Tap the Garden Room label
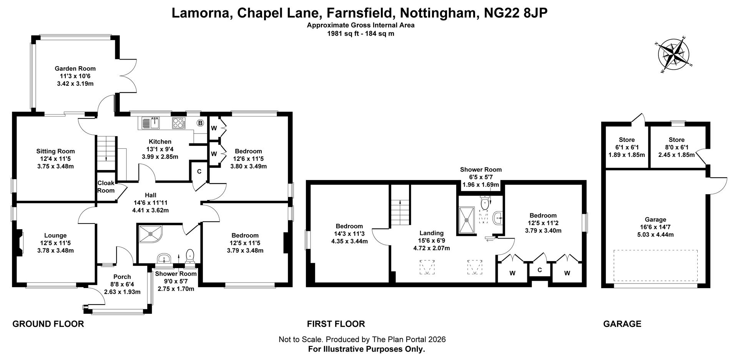(x=75, y=68)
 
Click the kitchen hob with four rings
(x=179, y=123)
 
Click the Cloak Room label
(x=106, y=187)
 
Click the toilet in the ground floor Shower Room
(x=190, y=256)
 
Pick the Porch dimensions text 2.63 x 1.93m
(x=122, y=292)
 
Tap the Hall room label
(x=150, y=195)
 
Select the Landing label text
(x=431, y=233)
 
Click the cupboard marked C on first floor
(x=540, y=270)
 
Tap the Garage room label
(x=655, y=220)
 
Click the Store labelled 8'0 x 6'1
(x=676, y=147)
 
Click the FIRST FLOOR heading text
(x=336, y=324)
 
